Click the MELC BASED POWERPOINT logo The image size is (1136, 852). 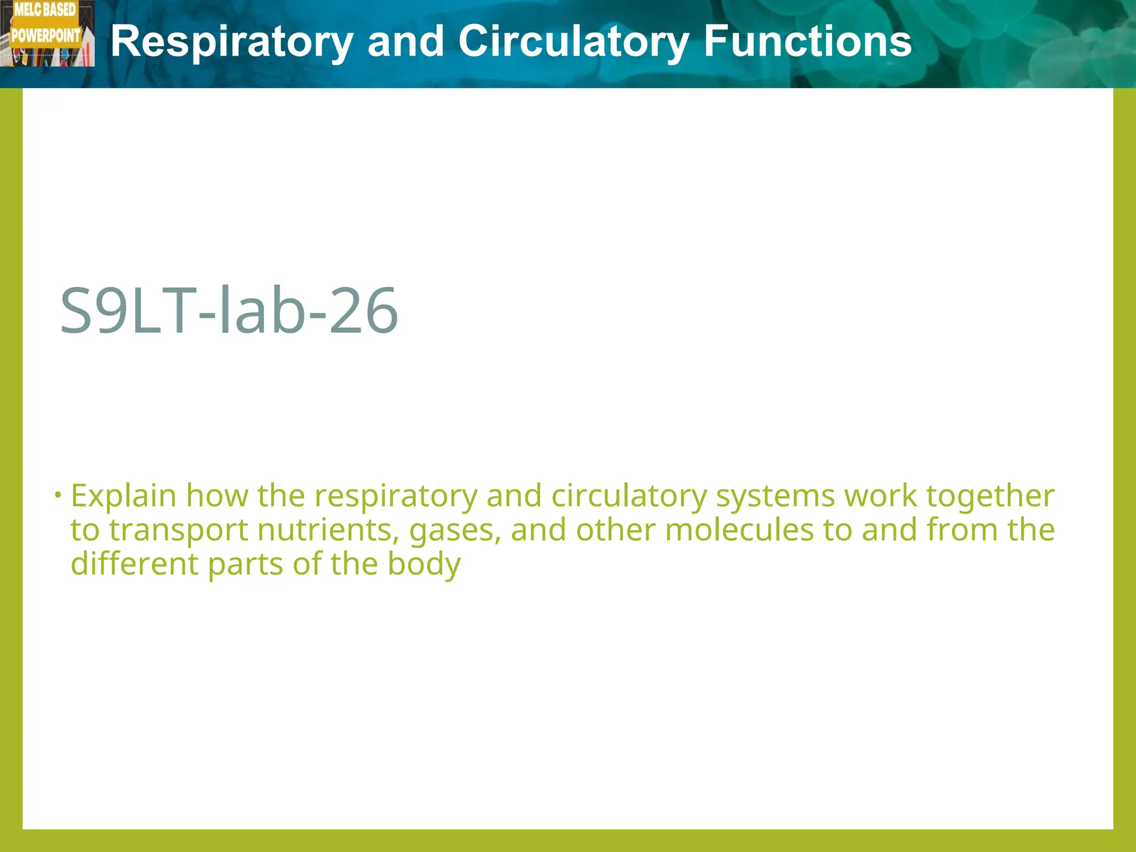(47, 33)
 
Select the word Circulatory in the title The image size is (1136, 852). (574, 42)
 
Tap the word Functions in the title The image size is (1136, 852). (808, 42)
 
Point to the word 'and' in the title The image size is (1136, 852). (405, 42)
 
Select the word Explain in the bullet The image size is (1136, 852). (124, 495)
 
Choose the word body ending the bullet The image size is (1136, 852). (424, 565)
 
